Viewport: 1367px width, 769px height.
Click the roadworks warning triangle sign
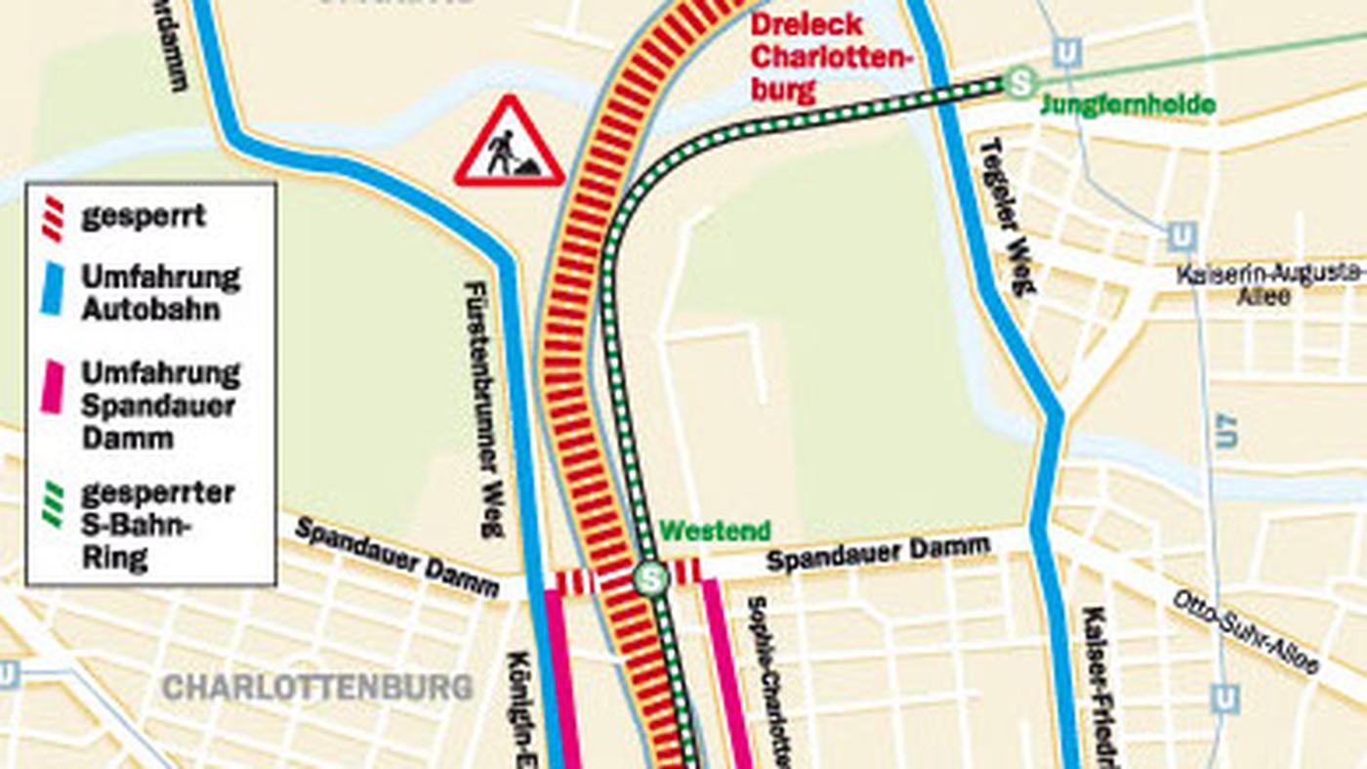click(x=509, y=144)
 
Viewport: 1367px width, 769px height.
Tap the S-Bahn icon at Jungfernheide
click(x=1021, y=82)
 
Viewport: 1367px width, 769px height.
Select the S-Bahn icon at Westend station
click(x=650, y=577)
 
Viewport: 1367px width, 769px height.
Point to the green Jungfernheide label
click(x=1128, y=106)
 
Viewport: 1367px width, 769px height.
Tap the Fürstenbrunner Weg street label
click(x=483, y=409)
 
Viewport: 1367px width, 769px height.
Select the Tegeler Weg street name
click(x=1006, y=215)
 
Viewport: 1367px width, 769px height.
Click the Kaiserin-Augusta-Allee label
click(x=1269, y=283)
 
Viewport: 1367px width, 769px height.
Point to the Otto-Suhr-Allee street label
click(x=1245, y=631)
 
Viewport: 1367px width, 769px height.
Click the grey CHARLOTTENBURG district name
click(x=316, y=687)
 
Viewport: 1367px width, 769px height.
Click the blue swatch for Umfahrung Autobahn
click(x=53, y=291)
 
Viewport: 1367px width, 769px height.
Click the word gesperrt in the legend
click(x=143, y=216)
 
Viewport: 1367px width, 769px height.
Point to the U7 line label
click(x=1226, y=430)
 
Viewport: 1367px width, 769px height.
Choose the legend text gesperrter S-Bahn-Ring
click(x=156, y=526)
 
